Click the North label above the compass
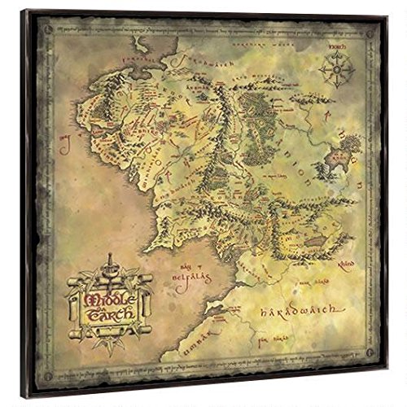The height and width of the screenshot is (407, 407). [335, 46]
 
